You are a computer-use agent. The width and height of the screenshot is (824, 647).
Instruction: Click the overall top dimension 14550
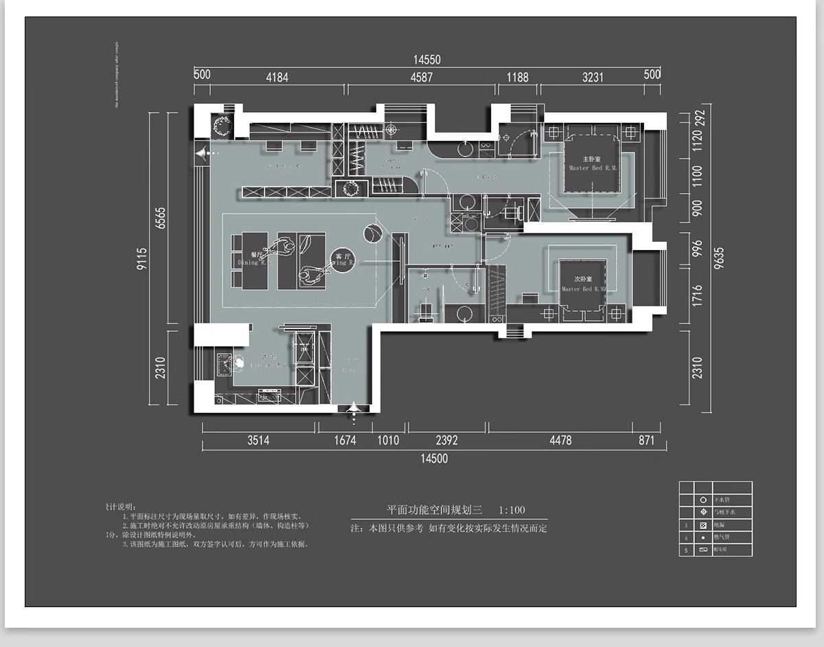pos(426,60)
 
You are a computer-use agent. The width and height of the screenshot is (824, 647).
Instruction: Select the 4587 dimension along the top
pos(422,77)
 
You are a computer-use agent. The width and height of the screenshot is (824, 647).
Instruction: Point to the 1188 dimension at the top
pos(517,77)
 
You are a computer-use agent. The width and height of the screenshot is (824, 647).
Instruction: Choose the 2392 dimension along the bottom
pos(446,440)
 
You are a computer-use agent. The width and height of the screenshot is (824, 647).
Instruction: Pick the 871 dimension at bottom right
pos(647,440)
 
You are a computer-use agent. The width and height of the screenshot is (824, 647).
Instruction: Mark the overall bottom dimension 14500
pos(433,458)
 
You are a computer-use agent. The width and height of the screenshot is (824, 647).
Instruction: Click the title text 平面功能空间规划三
pos(434,510)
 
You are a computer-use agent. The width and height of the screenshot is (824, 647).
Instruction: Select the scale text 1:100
pos(512,510)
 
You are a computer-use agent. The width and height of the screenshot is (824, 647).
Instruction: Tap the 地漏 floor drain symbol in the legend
pos(702,525)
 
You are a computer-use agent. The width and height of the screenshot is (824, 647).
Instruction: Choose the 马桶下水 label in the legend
pos(725,512)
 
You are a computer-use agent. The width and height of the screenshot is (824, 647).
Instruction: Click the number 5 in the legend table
pos(686,550)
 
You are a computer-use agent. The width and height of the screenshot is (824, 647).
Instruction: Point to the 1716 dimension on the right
pos(698,296)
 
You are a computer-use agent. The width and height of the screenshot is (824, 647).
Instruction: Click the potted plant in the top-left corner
pos(222,126)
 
